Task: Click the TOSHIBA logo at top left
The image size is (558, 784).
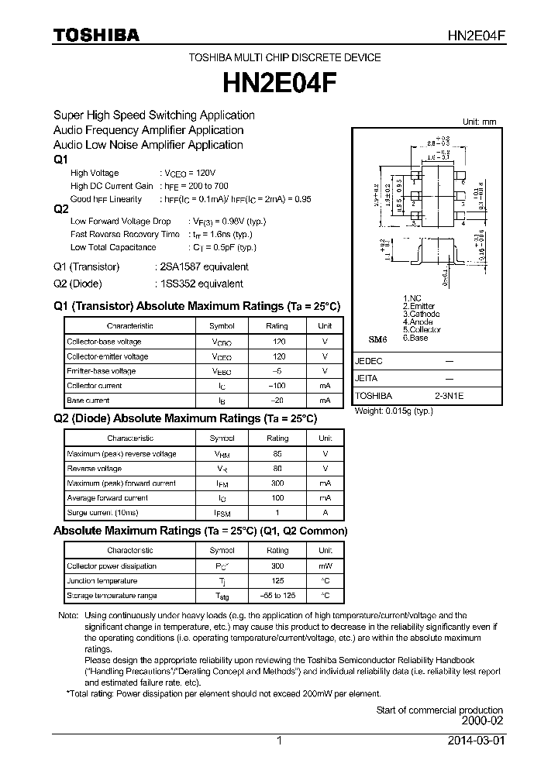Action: [x=96, y=35]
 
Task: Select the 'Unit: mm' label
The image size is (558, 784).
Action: [x=479, y=122]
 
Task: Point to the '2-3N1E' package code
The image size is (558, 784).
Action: [x=449, y=395]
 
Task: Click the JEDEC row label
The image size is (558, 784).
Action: [x=369, y=361]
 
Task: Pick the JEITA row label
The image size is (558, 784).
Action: [x=367, y=378]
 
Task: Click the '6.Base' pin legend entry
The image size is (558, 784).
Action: [x=415, y=338]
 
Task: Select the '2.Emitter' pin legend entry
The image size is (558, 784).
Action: [x=419, y=306]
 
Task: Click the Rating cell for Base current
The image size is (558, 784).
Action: [x=277, y=401]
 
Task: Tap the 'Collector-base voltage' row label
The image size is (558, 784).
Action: [x=104, y=342]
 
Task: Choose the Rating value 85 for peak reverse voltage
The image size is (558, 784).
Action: [x=277, y=454]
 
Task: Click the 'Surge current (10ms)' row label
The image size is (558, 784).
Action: [x=102, y=513]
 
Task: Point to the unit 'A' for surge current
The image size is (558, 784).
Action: [x=325, y=513]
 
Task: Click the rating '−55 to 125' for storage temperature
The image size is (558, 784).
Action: [x=277, y=596]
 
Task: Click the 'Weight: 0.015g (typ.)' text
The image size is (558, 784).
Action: [x=394, y=411]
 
